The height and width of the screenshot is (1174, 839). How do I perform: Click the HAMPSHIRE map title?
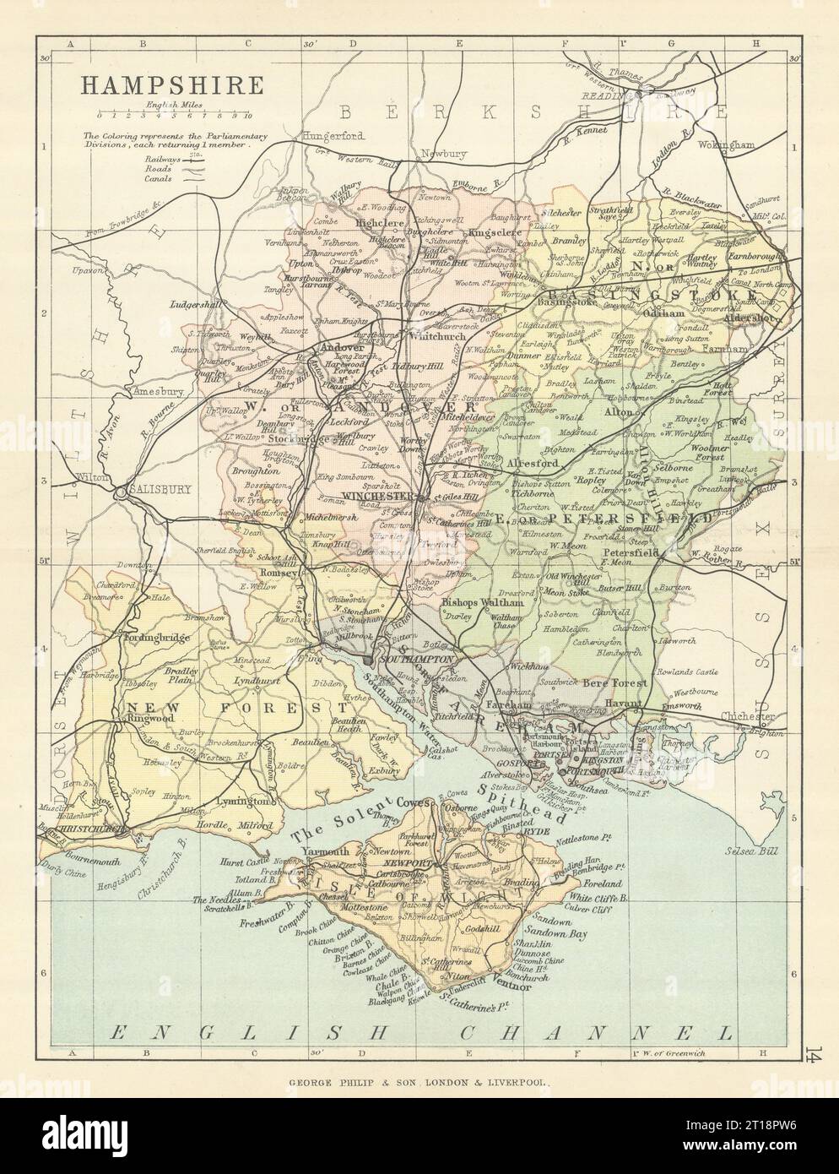[160, 85]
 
